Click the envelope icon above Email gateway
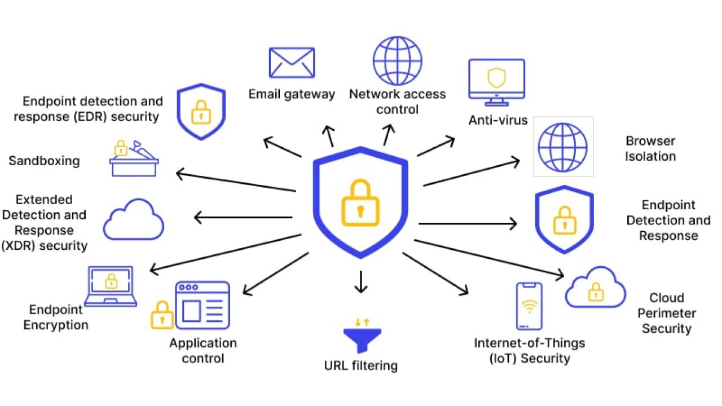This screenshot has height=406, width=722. (292, 63)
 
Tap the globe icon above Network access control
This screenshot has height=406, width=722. (397, 61)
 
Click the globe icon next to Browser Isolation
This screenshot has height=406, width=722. (562, 147)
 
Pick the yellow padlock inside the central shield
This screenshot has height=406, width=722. (360, 203)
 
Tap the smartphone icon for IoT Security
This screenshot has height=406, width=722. (529, 306)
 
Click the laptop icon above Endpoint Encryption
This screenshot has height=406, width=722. (111, 286)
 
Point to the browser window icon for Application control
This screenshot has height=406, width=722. (202, 306)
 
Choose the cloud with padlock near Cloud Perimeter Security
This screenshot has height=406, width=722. (595, 287)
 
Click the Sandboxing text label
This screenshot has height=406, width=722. (44, 161)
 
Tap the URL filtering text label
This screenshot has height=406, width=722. (361, 365)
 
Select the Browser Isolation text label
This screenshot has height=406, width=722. (650, 148)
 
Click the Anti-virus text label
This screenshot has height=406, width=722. (498, 120)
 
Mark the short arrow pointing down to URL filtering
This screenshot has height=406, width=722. (361, 281)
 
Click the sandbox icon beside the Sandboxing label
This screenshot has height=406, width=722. (134, 159)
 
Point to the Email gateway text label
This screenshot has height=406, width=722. (292, 94)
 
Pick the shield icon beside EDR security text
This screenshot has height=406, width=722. (201, 111)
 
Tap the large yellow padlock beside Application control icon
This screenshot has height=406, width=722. (162, 315)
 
